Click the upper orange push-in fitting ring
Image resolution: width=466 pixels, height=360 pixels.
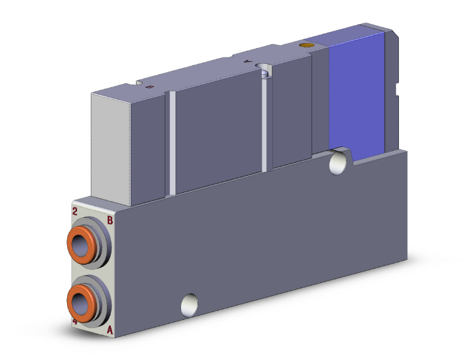click(73, 240)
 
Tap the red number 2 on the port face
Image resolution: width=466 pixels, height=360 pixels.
click(75, 211)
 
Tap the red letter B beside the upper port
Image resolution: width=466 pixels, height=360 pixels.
click(110, 220)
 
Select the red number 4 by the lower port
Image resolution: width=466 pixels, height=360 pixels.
click(75, 322)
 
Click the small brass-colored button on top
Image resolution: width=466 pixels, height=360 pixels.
click(306, 45)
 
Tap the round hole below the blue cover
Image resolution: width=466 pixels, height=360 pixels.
click(339, 162)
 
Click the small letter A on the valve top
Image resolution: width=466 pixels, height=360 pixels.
click(247, 61)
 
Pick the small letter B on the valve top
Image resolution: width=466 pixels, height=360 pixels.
click(149, 88)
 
